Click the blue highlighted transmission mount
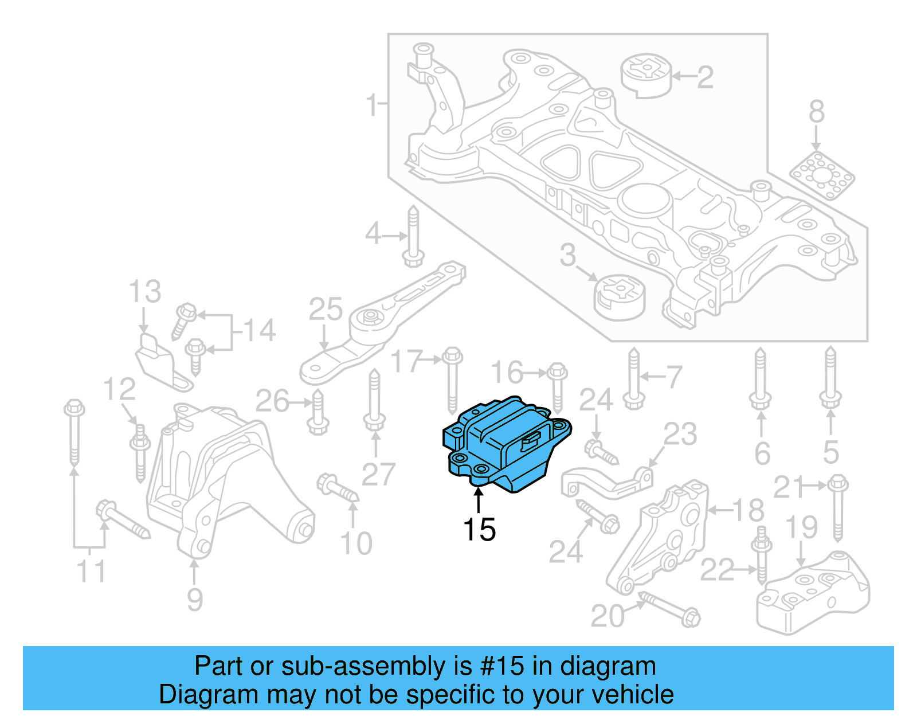[x=504, y=444]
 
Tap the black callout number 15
[x=479, y=530]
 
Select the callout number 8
[x=817, y=112]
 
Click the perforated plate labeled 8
[x=822, y=176]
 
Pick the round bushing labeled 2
[x=646, y=75]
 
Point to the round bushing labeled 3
[x=618, y=296]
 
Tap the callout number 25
[x=326, y=310]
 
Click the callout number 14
[x=260, y=331]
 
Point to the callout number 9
[x=195, y=600]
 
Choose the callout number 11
[x=91, y=572]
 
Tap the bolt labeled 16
[x=557, y=387]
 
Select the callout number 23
[x=680, y=434]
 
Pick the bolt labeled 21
[x=837, y=507]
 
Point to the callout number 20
[x=608, y=616]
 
